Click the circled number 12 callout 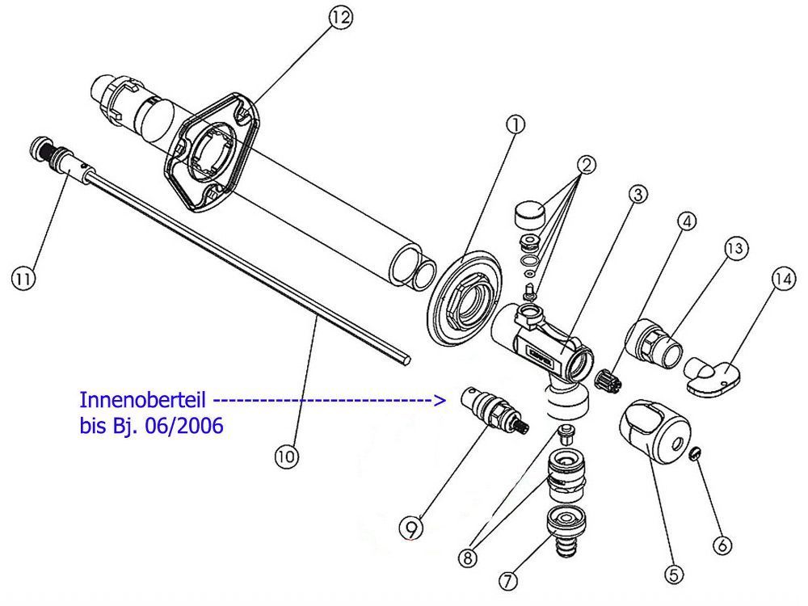[x=340, y=18]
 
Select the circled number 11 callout [x=23, y=279]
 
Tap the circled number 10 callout [x=287, y=456]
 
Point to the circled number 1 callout [x=516, y=124]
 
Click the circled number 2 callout [x=587, y=166]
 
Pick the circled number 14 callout [x=783, y=280]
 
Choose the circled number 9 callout [x=412, y=528]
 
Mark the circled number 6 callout [x=722, y=545]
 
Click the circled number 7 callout [x=508, y=581]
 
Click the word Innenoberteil [x=143, y=400]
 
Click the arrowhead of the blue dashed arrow [x=440, y=400]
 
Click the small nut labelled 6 [x=696, y=454]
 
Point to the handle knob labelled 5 [x=654, y=429]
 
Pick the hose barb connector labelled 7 [x=566, y=531]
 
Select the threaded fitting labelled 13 [x=654, y=343]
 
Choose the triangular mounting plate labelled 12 [x=213, y=153]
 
